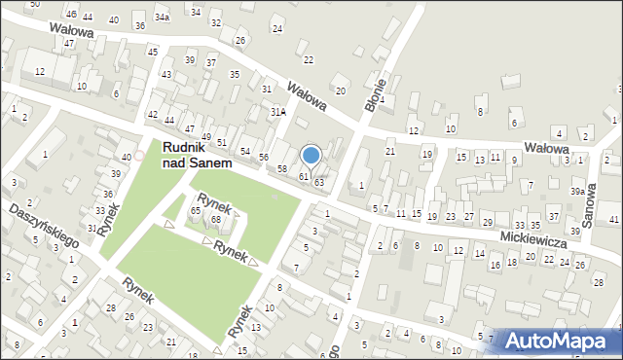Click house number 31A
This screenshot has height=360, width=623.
tap(278, 111)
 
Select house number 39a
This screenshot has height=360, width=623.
tap(577, 192)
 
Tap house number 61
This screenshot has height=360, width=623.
tap(304, 176)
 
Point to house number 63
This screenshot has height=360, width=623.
tap(318, 183)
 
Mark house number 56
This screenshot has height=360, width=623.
tap(263, 157)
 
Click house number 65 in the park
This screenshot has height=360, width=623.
tap(196, 210)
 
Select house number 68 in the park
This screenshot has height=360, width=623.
tap(216, 219)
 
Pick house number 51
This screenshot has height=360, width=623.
tap(222, 143)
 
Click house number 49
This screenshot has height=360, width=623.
tap(205, 129)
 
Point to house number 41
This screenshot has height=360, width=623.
tap(614, 219)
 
